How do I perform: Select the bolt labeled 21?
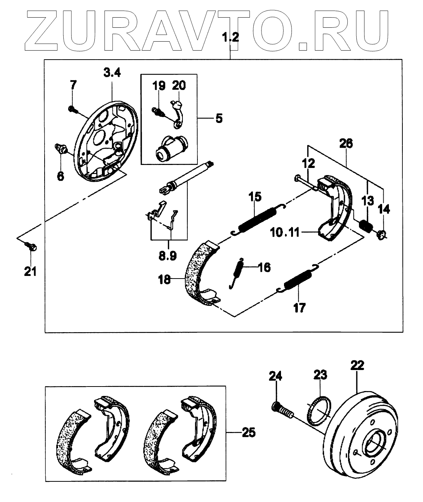(x=30, y=247)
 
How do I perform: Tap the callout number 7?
(x=73, y=85)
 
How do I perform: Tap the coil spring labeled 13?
(x=365, y=226)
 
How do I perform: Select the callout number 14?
(x=384, y=209)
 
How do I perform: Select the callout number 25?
(x=248, y=433)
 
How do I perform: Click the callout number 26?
(x=346, y=144)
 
